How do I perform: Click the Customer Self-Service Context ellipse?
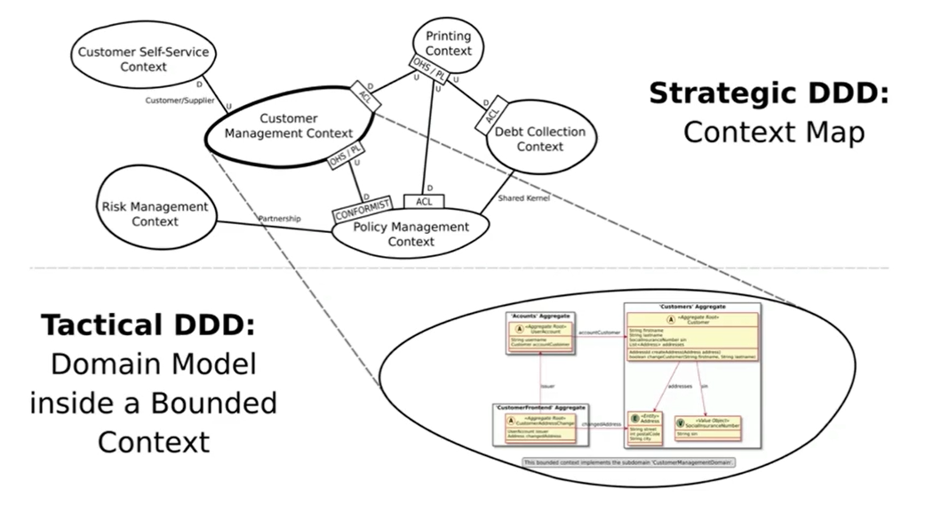tap(142, 59)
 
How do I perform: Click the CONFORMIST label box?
tap(360, 213)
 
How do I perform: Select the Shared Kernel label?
tap(525, 198)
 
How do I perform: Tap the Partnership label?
tap(280, 218)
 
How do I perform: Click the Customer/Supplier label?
tap(177, 100)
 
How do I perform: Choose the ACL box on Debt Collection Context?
tap(491, 113)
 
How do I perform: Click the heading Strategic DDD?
tap(769, 93)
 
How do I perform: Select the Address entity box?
tap(646, 427)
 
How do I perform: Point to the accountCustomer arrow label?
tap(598, 333)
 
